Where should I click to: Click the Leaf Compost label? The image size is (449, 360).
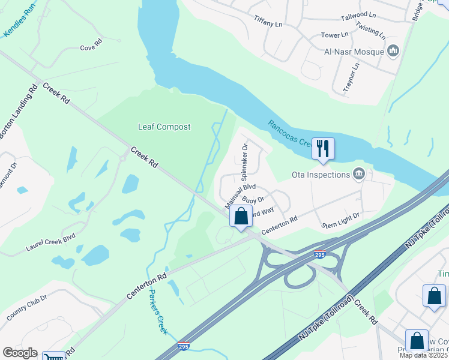164,127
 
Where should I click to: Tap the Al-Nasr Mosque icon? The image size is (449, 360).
394,51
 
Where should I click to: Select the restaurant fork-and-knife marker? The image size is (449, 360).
323,148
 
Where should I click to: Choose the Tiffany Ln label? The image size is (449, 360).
268,22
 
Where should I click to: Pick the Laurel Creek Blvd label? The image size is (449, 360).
50,242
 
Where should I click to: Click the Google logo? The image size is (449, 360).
20,353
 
